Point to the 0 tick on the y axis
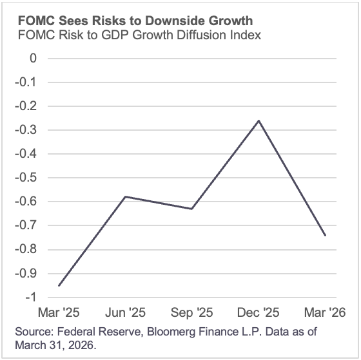[x=33, y=59]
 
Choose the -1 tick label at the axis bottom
[x=30, y=297]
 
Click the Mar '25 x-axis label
[x=60, y=313]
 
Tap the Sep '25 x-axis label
[x=192, y=313]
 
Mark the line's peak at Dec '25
[x=259, y=120]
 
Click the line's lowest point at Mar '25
[x=59, y=285]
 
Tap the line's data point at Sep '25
[x=192, y=209]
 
